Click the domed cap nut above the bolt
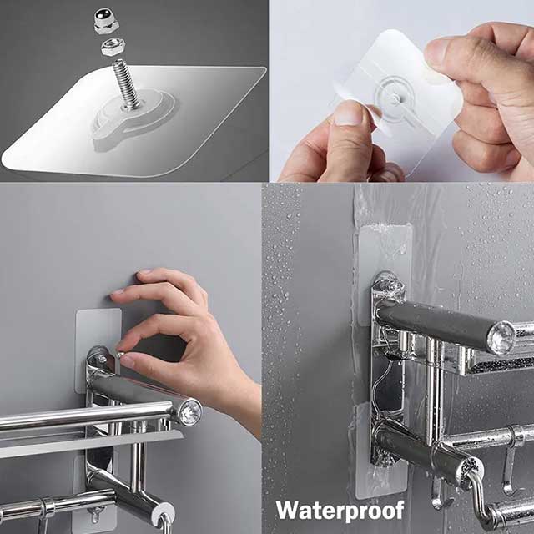(x=108, y=18)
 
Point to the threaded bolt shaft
(x=125, y=84)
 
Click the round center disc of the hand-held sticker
(x=391, y=98)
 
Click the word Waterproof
(x=340, y=509)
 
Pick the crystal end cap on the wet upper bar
(x=501, y=337)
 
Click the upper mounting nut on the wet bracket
(x=385, y=284)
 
